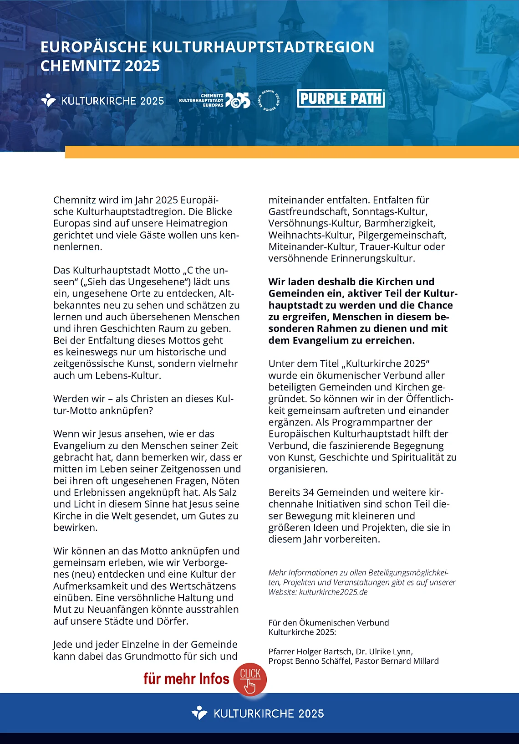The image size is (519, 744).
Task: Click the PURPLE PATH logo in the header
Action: (x=341, y=98)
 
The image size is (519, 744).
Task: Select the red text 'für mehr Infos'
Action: (x=186, y=679)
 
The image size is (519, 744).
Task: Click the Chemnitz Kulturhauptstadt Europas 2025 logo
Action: (x=214, y=100)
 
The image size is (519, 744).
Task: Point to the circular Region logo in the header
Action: (x=269, y=100)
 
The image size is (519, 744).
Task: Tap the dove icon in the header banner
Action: (x=48, y=100)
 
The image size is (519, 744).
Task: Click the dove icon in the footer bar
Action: (x=199, y=713)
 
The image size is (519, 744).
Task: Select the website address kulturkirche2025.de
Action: (x=333, y=592)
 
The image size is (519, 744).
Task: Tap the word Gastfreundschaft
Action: (x=308, y=212)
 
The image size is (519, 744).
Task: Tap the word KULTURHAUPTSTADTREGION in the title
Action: (x=263, y=47)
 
